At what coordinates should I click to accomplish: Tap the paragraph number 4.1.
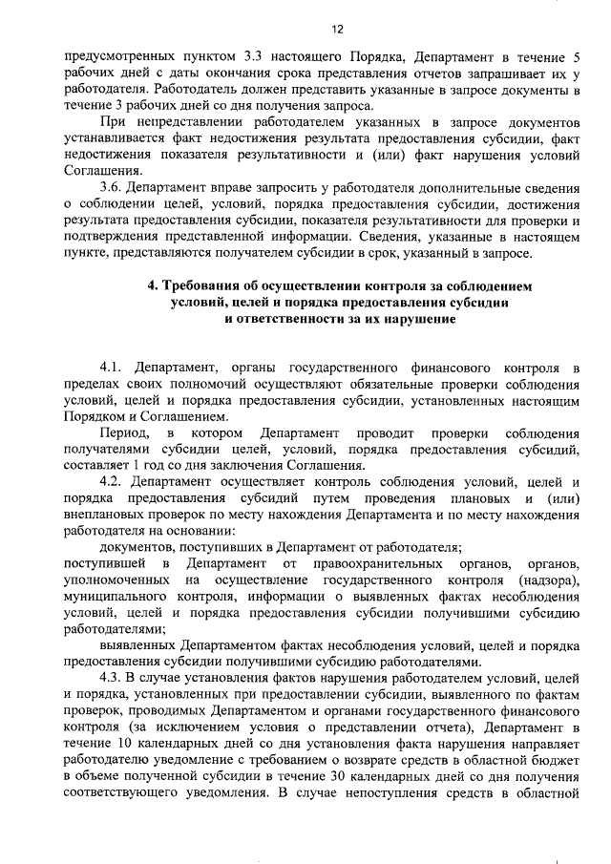115,367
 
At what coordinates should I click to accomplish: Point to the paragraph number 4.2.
115,481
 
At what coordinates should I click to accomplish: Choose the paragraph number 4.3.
115,676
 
